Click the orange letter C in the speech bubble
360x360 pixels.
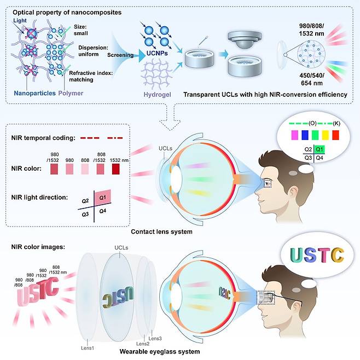click(338, 255)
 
